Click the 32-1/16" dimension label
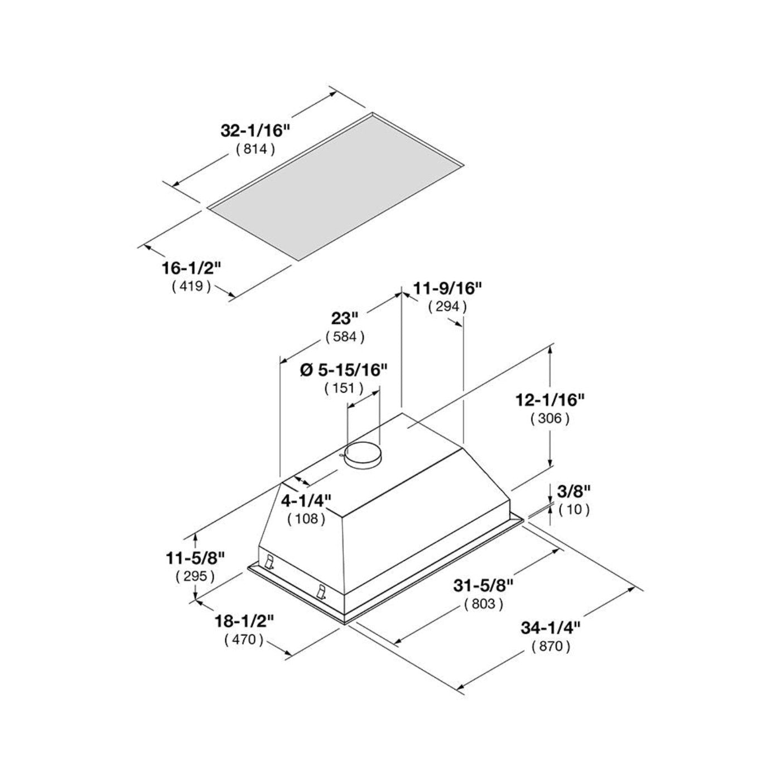256,131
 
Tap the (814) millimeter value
255,149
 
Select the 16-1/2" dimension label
192,268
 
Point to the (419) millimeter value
191,287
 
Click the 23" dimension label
344,319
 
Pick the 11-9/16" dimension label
447,288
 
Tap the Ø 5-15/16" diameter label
344,369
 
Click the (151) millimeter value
344,388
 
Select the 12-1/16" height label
550,399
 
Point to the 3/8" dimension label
573,491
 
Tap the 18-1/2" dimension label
244,621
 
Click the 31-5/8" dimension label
483,585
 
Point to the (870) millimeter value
551,647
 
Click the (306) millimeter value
550,418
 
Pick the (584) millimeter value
345,337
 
